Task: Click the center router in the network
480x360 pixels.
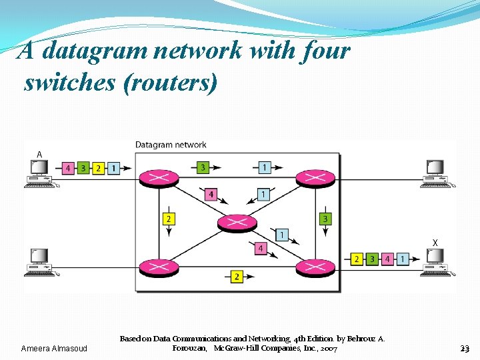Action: click(x=237, y=223)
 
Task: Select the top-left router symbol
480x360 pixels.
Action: click(x=158, y=178)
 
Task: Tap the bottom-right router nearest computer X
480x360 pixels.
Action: click(x=315, y=268)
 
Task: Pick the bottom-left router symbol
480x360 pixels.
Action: click(x=158, y=268)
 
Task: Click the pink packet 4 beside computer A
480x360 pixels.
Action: click(x=67, y=169)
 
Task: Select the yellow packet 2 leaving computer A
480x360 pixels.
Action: click(x=98, y=169)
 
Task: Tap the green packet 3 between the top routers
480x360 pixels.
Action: click(x=203, y=167)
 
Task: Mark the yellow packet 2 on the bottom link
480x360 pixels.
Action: click(x=237, y=276)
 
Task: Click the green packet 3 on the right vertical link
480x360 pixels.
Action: click(x=325, y=218)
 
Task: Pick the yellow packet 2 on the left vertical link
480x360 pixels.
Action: click(x=169, y=218)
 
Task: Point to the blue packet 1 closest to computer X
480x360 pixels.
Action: click(x=403, y=259)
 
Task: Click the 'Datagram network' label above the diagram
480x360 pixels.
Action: click(x=171, y=145)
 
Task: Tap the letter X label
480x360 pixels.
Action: click(x=435, y=243)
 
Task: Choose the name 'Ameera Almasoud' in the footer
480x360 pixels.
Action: click(x=59, y=349)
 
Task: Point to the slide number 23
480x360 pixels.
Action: click(x=465, y=349)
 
